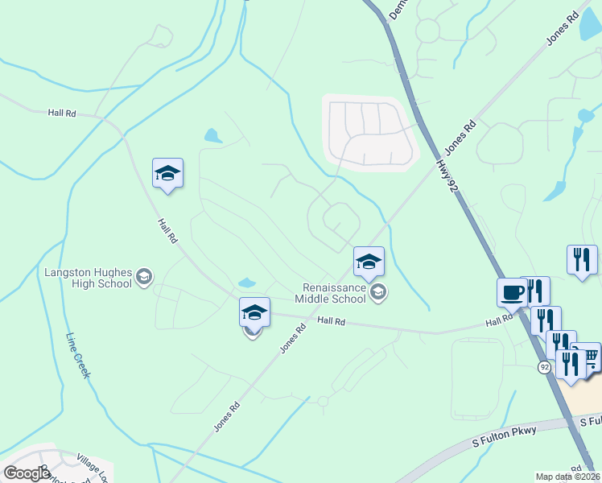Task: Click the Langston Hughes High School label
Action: click(89, 278)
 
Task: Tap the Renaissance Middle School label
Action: click(335, 293)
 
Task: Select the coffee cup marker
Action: click(512, 293)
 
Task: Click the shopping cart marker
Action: click(591, 357)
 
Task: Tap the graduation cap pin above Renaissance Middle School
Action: click(369, 262)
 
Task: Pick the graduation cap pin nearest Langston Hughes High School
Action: click(167, 173)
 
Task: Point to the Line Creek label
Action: click(80, 356)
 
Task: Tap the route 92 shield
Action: click(544, 367)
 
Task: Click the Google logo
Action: click(27, 473)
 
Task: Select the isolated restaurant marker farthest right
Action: click(582, 260)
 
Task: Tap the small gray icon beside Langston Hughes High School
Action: click(144, 277)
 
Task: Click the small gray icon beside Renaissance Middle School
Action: click(378, 293)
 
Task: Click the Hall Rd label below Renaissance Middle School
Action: click(331, 321)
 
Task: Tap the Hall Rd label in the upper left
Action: click(61, 114)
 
